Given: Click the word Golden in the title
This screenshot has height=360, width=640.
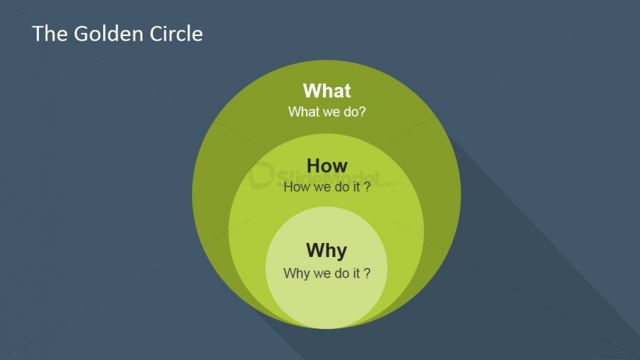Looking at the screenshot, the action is click(107, 34).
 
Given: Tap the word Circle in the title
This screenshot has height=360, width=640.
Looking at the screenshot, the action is click(176, 34).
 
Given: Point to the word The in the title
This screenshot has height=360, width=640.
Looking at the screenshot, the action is click(49, 34).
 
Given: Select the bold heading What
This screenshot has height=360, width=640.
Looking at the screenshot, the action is click(327, 91).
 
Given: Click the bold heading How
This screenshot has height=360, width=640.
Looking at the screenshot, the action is click(327, 166).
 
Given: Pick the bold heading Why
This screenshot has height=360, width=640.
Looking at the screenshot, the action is click(327, 250).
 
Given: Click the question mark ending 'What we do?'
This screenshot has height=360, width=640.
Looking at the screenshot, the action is click(362, 112).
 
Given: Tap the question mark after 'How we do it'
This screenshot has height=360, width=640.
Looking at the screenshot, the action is click(366, 187).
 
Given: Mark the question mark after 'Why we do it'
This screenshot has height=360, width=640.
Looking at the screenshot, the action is click(366, 273).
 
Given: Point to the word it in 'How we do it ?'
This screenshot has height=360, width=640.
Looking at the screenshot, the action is click(356, 187).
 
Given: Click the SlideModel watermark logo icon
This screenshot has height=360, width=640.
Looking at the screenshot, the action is click(261, 175).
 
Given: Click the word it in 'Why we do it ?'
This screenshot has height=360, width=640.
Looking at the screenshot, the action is click(356, 273).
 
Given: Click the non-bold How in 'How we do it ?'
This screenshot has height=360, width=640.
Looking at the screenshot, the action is click(296, 187).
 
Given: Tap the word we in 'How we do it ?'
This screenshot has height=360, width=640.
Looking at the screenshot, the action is click(322, 188).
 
